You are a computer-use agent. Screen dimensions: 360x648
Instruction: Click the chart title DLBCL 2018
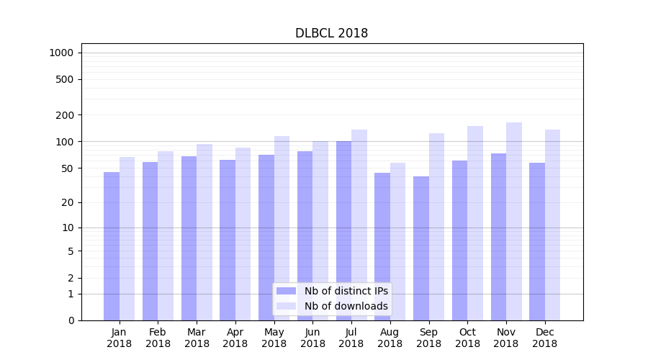click(x=331, y=33)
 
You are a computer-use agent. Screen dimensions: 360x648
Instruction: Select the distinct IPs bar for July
click(x=343, y=230)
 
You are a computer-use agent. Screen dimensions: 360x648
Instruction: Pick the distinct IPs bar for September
click(x=421, y=248)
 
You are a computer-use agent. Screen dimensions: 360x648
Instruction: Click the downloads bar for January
click(x=127, y=238)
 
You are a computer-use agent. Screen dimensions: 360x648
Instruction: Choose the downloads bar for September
click(x=436, y=227)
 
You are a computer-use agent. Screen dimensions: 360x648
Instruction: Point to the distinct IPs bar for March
click(x=189, y=238)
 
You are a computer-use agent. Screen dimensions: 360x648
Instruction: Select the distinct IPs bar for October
click(x=459, y=240)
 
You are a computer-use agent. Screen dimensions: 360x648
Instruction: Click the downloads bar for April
click(x=243, y=234)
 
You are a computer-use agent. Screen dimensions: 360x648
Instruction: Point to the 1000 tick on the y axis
click(x=61, y=53)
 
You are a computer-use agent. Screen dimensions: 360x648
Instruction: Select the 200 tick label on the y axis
click(x=65, y=115)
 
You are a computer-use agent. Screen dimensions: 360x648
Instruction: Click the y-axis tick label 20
click(x=68, y=202)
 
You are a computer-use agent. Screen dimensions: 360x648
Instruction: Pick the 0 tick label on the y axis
click(x=71, y=320)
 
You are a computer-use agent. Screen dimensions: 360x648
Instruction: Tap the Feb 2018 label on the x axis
click(x=158, y=338)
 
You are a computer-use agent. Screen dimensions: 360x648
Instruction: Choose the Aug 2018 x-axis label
click(x=390, y=338)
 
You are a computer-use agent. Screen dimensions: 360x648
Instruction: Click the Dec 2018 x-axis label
click(x=544, y=338)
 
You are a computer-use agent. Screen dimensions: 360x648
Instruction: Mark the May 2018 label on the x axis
click(x=274, y=338)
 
